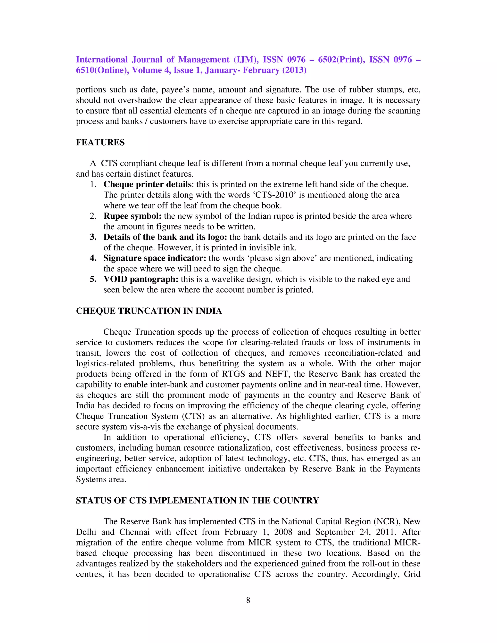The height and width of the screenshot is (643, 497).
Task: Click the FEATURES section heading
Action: (100, 142)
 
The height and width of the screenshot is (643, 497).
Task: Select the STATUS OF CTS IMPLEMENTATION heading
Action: (197, 501)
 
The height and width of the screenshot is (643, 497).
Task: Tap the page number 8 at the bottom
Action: (248, 600)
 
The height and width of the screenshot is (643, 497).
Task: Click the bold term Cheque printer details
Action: (148, 184)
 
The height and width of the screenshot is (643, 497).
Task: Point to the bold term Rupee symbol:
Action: (133, 216)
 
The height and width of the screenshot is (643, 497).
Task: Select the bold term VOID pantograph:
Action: (141, 279)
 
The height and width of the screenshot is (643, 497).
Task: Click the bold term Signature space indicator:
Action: (155, 258)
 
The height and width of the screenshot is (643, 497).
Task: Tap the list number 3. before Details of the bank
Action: (93, 237)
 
